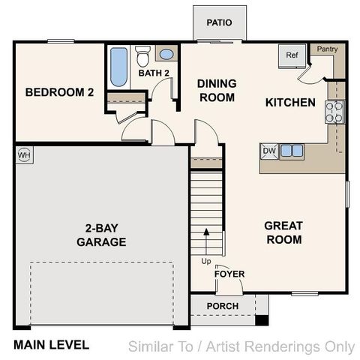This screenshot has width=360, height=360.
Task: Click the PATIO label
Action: point(219,22)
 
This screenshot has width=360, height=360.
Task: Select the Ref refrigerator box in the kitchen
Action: point(291,55)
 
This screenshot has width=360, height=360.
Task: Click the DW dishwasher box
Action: point(269,151)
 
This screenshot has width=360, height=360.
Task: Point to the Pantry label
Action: point(327,49)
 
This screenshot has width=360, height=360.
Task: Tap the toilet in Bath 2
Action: point(143,55)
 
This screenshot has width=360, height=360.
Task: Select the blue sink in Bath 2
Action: point(166,55)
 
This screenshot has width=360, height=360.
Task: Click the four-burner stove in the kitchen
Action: point(334,112)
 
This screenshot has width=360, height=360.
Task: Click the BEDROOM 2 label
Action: point(60,93)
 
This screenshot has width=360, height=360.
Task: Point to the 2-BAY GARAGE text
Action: point(101,235)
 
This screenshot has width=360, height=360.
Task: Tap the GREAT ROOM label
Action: point(283,232)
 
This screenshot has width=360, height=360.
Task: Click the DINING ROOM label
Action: point(216,91)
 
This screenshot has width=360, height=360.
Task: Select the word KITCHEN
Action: point(290,102)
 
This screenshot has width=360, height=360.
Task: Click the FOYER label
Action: point(229,274)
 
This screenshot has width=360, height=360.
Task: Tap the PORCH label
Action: point(223,306)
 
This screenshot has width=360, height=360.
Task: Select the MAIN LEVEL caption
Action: point(51,345)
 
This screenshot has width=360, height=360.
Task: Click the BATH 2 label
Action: point(154,73)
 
